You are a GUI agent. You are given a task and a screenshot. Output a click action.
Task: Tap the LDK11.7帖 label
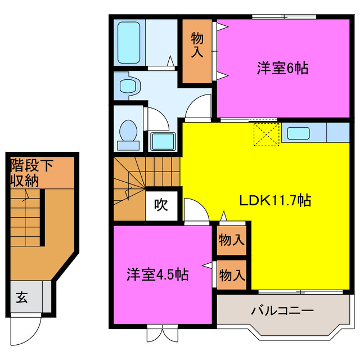(x=275, y=200)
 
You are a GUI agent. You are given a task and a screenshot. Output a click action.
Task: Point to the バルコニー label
(x=282, y=310)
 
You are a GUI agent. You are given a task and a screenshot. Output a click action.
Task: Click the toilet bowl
(x=128, y=134)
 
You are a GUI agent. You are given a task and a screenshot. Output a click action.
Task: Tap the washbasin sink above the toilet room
(x=129, y=86)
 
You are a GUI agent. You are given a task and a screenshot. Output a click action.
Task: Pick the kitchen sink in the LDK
(x=298, y=133)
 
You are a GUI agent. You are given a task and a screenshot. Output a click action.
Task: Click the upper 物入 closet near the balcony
(x=231, y=240)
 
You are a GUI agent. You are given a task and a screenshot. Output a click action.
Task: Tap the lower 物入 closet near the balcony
(x=231, y=275)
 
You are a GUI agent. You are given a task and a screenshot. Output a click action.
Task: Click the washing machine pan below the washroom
(x=164, y=141)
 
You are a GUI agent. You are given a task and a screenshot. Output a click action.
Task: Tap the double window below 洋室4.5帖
(x=161, y=334)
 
